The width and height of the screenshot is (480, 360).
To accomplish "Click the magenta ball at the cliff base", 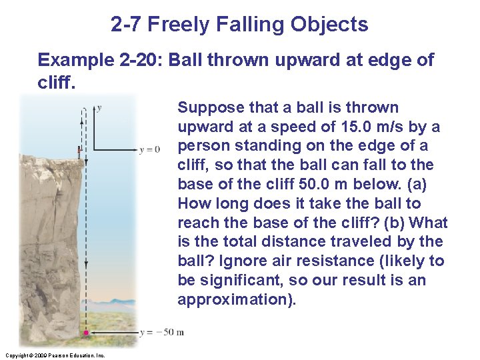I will [87, 332].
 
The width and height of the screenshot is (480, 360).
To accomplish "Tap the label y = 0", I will [150, 149].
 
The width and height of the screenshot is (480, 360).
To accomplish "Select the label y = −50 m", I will [162, 332].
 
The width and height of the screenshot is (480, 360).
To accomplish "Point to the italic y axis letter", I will [99, 107].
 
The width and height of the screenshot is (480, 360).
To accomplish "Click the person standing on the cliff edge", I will [79, 151].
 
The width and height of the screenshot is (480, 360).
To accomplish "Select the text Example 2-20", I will [99, 60].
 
